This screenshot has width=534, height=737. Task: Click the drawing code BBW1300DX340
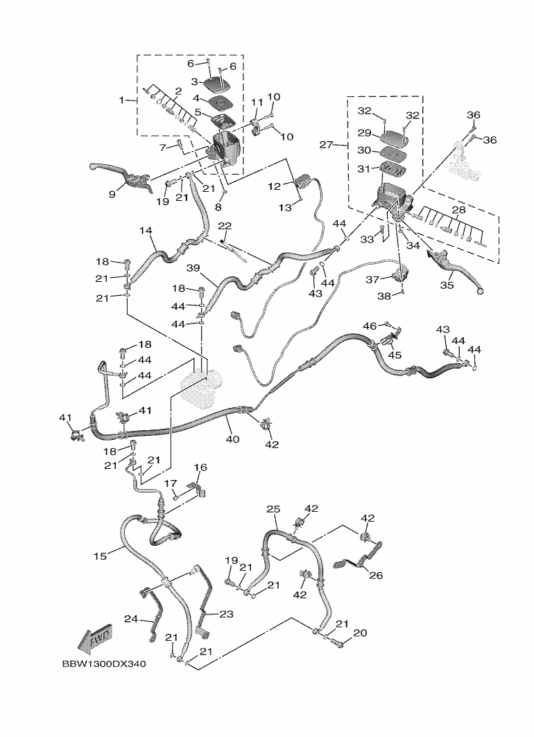click(103, 664)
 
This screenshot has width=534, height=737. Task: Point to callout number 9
click(112, 195)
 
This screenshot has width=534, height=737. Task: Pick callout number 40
click(232, 439)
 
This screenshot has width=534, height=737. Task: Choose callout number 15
click(101, 556)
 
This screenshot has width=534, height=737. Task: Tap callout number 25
click(273, 509)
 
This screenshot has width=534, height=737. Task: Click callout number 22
click(224, 226)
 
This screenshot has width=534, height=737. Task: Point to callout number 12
click(274, 186)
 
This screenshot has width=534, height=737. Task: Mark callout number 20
click(360, 632)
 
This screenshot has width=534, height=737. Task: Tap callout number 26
click(375, 574)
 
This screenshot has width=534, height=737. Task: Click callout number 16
click(200, 468)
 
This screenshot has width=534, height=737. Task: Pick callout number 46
click(370, 326)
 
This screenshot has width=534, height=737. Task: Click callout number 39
click(192, 267)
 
